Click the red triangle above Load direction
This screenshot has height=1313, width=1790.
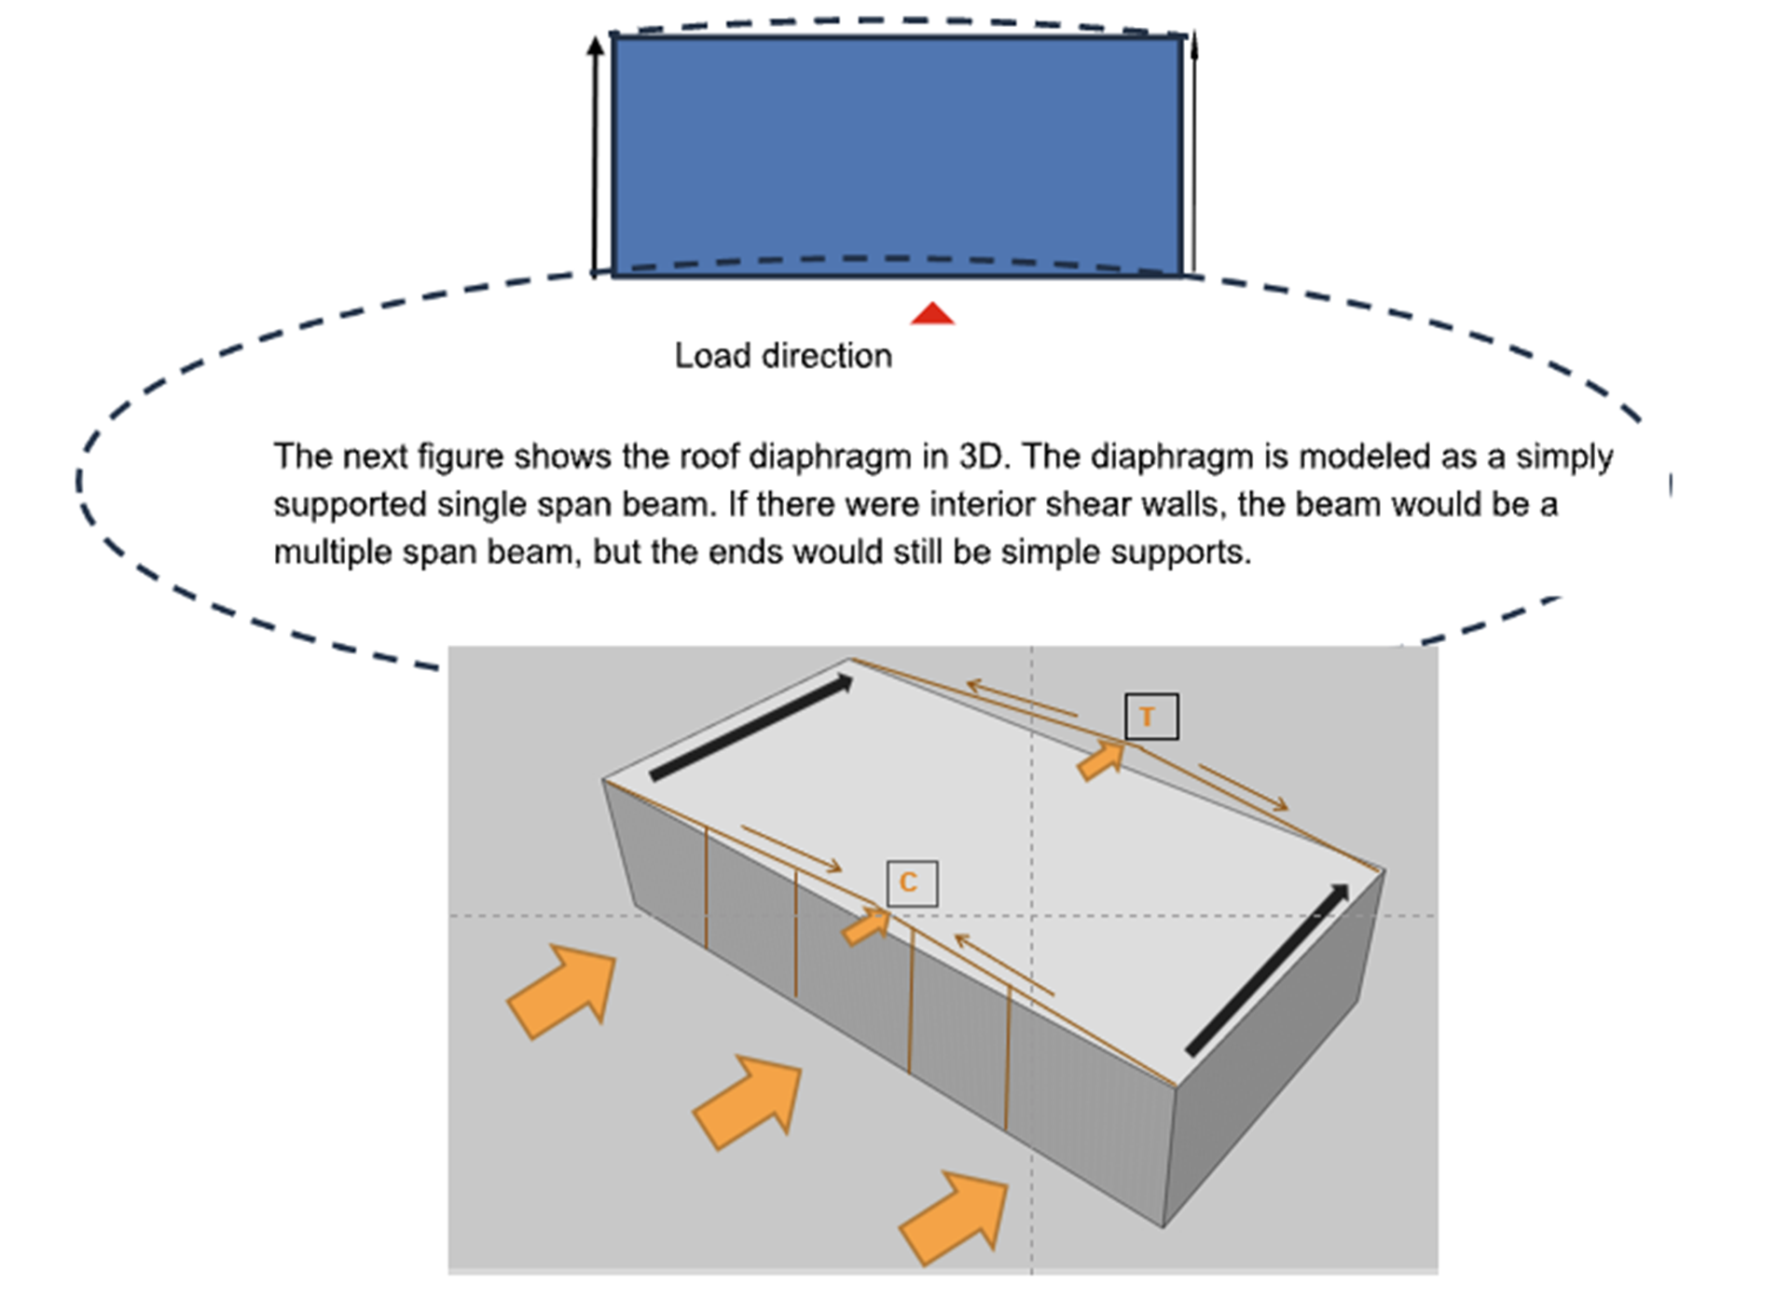coord(932,314)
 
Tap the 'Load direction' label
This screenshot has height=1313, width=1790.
coord(783,356)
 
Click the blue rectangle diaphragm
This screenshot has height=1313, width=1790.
coord(897,156)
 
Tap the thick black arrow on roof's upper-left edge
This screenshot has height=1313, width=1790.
coord(751,727)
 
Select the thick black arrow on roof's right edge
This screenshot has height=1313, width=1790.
coord(1268,969)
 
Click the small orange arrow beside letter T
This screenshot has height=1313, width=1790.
coord(1100,759)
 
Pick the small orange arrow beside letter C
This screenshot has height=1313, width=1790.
coord(866,926)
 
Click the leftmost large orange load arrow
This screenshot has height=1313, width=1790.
coord(563,990)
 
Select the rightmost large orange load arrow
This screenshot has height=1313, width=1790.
coord(955,1217)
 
